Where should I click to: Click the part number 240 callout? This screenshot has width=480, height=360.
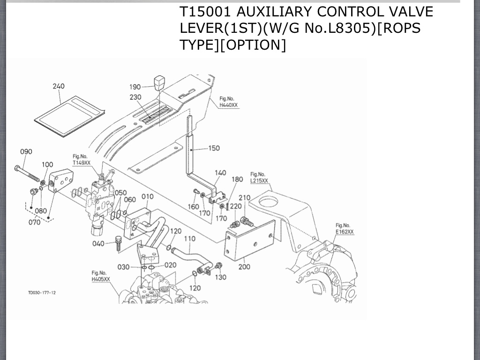coord(59,86)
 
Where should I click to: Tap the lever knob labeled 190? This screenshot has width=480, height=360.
coord(160,83)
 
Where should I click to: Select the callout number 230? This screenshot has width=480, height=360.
coord(135,97)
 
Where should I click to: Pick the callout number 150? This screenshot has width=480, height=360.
coord(214,148)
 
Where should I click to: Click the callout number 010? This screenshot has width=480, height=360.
coord(148,196)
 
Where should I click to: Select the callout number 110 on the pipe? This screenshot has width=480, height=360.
coord(189,239)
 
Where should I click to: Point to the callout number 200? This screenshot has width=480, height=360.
coord(244,267)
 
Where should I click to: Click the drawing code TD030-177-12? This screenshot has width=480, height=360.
coord(42,292)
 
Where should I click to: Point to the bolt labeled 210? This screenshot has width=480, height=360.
coord(246,221)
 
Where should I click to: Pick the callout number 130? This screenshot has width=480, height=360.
coord(220,277)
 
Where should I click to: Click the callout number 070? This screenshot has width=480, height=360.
coord(34,222)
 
